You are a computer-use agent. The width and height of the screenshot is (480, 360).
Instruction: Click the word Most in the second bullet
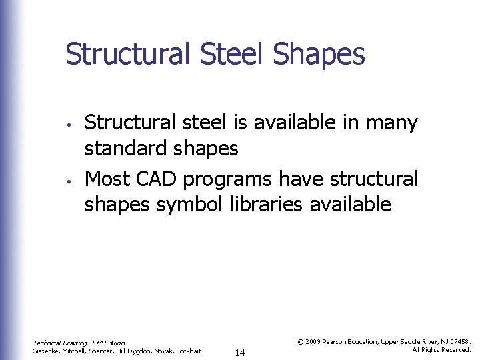tap(108, 179)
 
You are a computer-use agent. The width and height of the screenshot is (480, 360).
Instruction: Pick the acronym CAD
tap(157, 179)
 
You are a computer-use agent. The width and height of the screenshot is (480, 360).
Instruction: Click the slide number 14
tap(240, 353)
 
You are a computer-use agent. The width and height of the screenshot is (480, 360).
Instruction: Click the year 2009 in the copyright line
tap(315, 341)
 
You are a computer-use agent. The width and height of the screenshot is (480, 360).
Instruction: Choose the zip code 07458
tap(458, 341)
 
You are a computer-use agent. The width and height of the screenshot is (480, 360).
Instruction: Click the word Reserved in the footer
tap(455, 349)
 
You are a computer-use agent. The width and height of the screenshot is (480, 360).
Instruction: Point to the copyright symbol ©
tap(301, 341)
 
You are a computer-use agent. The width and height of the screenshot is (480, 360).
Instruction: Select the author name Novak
tap(156, 351)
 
